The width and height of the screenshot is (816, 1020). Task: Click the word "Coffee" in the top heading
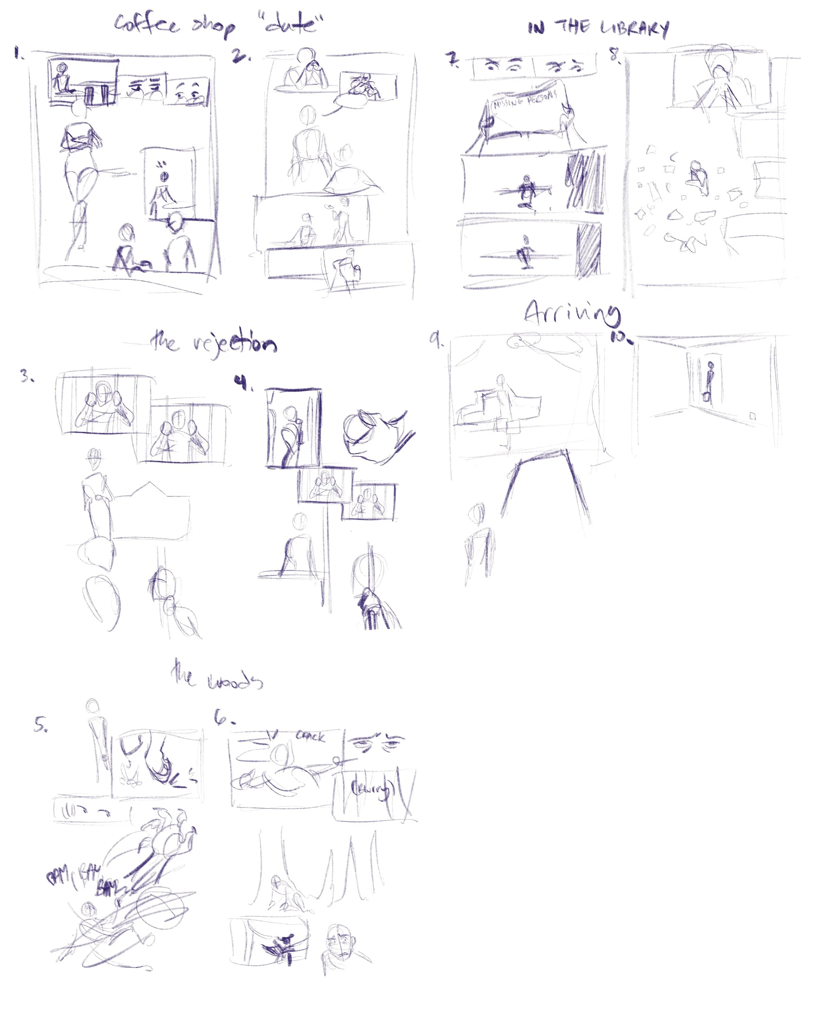pos(147,24)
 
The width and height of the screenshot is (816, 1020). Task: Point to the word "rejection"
pos(235,343)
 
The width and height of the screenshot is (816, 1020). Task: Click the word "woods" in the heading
pos(235,681)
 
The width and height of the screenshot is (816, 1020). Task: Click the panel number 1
pos(18,53)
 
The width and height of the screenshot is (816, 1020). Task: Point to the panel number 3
pos(27,376)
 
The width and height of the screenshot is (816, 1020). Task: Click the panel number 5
pos(40,724)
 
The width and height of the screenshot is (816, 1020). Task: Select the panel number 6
pos(222,718)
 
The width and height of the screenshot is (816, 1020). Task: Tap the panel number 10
pos(620,337)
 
